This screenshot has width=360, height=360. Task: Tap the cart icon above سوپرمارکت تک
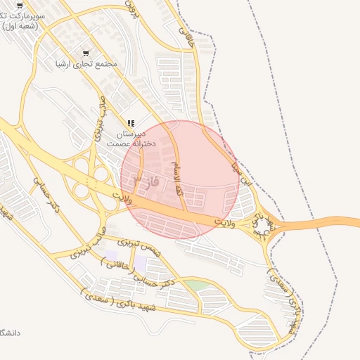pyautogui.click(x=19, y=4)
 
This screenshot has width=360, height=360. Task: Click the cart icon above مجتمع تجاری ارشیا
pyautogui.click(x=86, y=53)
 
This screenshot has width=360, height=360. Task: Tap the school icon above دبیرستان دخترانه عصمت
pyautogui.click(x=131, y=123)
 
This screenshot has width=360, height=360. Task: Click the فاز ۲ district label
pyautogui.click(x=145, y=181)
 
